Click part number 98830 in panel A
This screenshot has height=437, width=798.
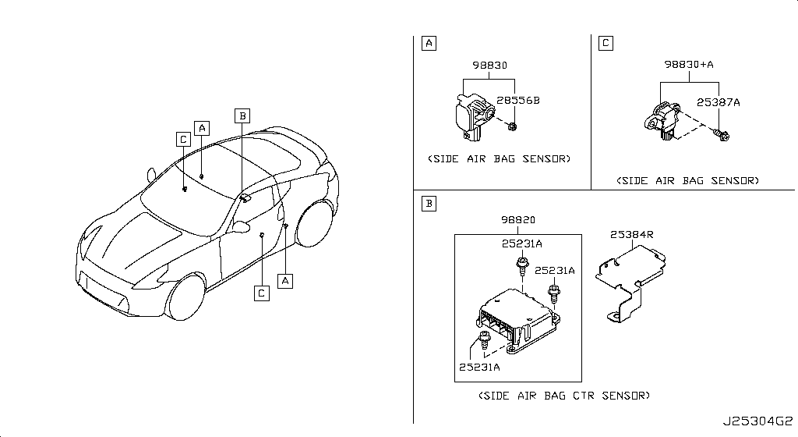pyautogui.click(x=489, y=66)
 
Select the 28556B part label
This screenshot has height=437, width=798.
pyautogui.click(x=518, y=101)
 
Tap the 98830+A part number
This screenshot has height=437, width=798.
pyautogui.click(x=689, y=65)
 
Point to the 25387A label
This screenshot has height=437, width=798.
pyautogui.click(x=718, y=102)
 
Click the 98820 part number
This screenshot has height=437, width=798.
pyautogui.click(x=518, y=220)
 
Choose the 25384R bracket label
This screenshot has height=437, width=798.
pyautogui.click(x=631, y=235)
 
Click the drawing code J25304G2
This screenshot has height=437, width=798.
pyautogui.click(x=758, y=421)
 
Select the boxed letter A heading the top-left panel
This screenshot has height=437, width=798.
pyautogui.click(x=429, y=43)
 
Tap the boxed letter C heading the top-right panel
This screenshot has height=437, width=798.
pyautogui.click(x=606, y=43)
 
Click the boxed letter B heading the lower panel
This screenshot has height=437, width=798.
pyautogui.click(x=429, y=204)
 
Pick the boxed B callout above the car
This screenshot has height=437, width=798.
pyautogui.click(x=242, y=116)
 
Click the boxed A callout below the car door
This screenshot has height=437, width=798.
pyautogui.click(x=285, y=281)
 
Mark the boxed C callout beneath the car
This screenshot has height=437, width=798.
pyautogui.click(x=262, y=293)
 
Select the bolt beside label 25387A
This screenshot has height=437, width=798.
pyautogui.click(x=721, y=135)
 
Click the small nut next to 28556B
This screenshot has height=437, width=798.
pyautogui.click(x=513, y=126)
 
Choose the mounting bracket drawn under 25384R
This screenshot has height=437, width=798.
pyautogui.click(x=631, y=282)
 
